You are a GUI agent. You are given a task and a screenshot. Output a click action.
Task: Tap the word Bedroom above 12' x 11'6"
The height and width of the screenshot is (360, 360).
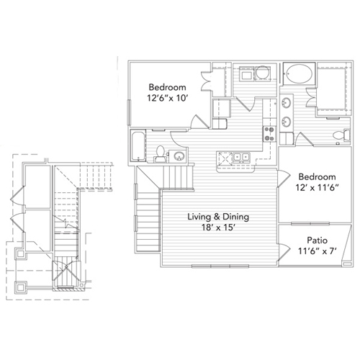[317, 176]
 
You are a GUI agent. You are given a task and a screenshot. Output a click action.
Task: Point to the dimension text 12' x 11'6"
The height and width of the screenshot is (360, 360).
[317, 189]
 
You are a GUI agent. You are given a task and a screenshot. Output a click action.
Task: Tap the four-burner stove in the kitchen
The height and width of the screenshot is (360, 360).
[270, 133]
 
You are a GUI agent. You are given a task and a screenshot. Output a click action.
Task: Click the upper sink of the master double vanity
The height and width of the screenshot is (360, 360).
[287, 100]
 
